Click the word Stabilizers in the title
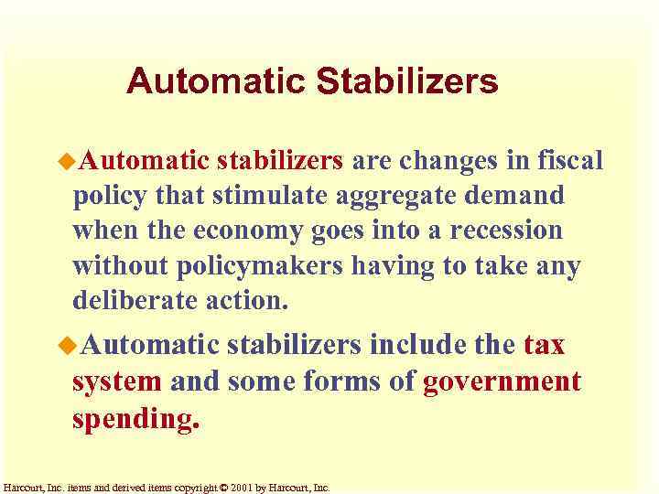click(407, 81)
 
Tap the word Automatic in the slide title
click(217, 81)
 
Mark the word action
click(246, 299)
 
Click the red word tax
click(545, 345)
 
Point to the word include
click(419, 345)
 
